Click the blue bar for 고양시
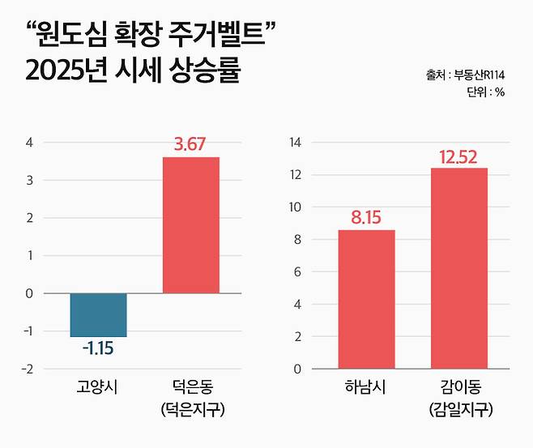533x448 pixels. [98, 314]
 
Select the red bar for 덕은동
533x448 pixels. [191, 224]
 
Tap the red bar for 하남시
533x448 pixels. [366, 299]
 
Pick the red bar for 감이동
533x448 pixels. [458, 268]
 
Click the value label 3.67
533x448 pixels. [191, 145]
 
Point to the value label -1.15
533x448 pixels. [99, 349]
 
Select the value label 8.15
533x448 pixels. [366, 217]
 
